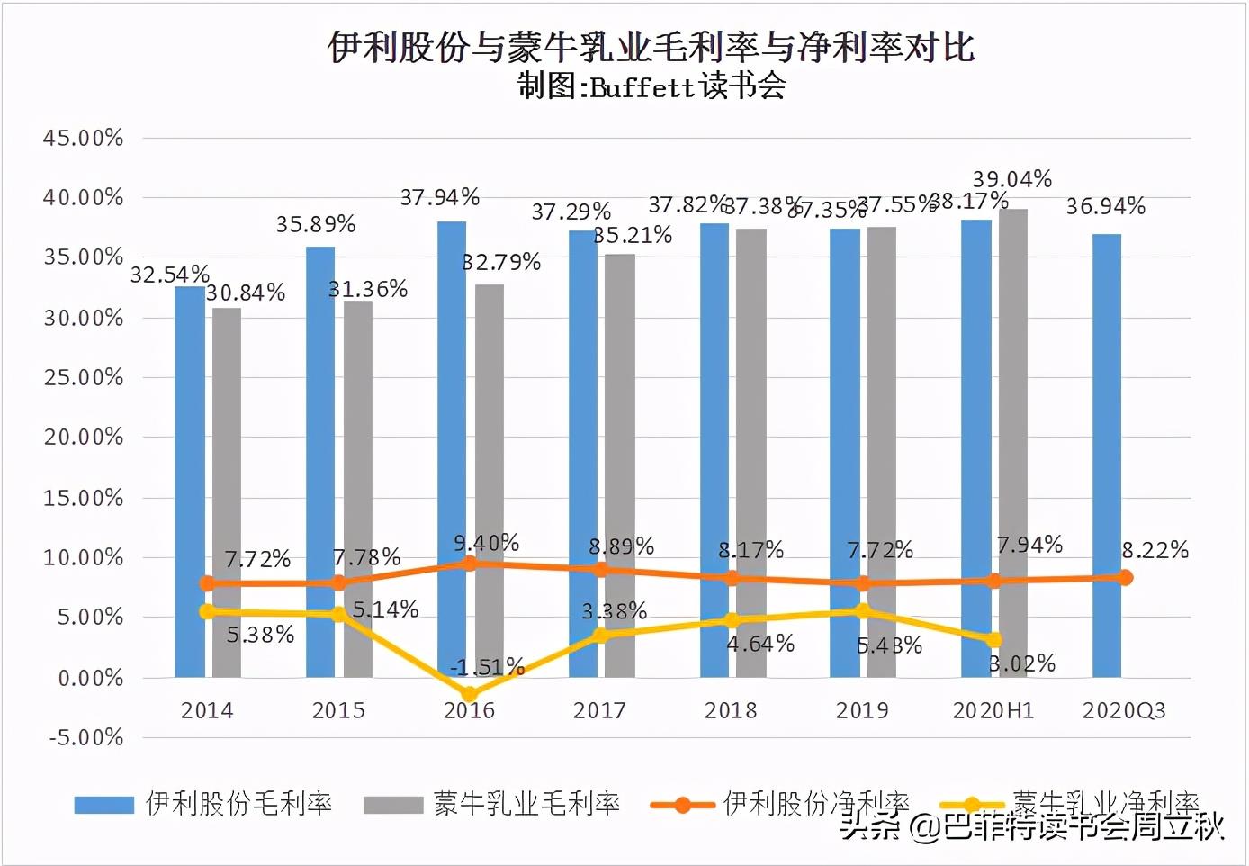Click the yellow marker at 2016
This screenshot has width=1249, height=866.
pyautogui.click(x=470, y=694)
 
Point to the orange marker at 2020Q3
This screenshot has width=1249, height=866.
pyautogui.click(x=1125, y=577)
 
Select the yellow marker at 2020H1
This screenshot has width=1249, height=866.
pyautogui.click(x=993, y=640)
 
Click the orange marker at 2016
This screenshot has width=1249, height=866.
pyautogui.click(x=470, y=564)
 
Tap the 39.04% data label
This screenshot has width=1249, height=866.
pyautogui.click(x=1011, y=179)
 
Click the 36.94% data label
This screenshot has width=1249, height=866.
pyautogui.click(x=1105, y=207)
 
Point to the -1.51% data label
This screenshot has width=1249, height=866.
pyautogui.click(x=487, y=667)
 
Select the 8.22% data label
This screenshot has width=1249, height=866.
pyautogui.click(x=1155, y=550)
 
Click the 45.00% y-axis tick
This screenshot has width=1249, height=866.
pyautogui.click(x=83, y=138)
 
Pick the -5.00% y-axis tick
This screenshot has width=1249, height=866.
pyautogui.click(x=85, y=737)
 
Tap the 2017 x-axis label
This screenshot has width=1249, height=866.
pyautogui.click(x=599, y=710)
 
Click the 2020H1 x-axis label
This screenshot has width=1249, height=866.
pyautogui.click(x=993, y=710)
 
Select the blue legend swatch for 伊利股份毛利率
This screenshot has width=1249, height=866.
pyautogui.click(x=103, y=804)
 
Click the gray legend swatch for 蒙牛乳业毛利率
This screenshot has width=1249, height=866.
pyautogui.click(x=392, y=804)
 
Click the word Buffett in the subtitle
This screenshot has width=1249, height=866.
pyautogui.click(x=642, y=87)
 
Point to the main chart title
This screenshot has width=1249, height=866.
pyautogui.click(x=651, y=47)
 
